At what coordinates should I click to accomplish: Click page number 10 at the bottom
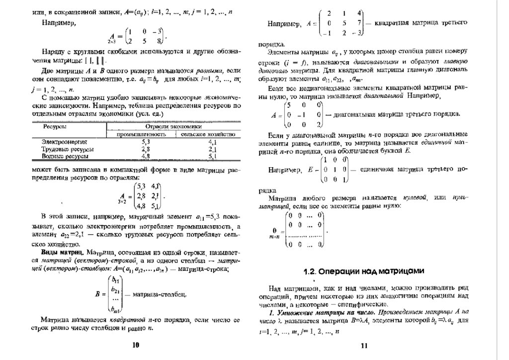(x=136, y=345)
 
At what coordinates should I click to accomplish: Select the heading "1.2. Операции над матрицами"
(x=364, y=271)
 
